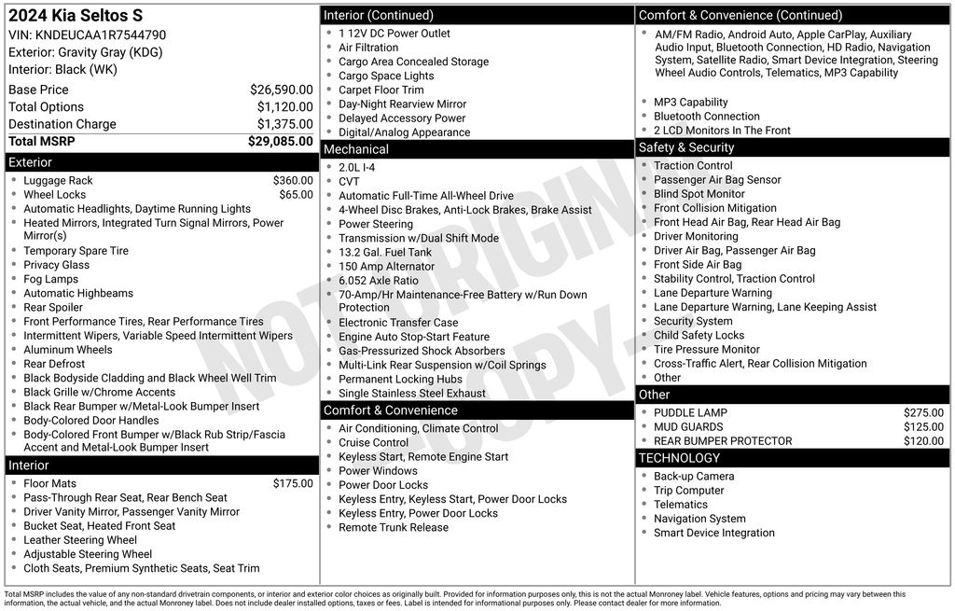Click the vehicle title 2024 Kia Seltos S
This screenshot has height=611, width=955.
point(76,16)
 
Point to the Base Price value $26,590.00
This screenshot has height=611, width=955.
point(281,90)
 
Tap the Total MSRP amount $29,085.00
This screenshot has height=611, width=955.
point(280,142)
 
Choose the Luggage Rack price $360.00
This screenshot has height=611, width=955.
point(293,180)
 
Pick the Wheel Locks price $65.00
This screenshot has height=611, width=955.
point(296,195)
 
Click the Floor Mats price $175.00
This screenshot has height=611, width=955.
point(293,483)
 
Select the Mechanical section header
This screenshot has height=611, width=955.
point(355,149)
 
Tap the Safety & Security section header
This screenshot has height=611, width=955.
point(685,147)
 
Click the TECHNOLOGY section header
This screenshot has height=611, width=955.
point(679,458)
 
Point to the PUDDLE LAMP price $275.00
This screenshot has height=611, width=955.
point(923,412)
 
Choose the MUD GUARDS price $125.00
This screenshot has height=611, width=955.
point(923,427)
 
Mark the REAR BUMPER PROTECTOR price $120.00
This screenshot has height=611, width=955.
point(923,441)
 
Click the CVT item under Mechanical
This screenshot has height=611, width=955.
point(349,182)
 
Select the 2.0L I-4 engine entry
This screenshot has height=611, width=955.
point(356,168)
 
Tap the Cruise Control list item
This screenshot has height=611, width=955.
point(373,442)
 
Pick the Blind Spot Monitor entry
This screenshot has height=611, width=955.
point(699,194)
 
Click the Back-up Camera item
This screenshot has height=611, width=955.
point(693,476)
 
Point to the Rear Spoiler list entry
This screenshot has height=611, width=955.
point(53,307)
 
